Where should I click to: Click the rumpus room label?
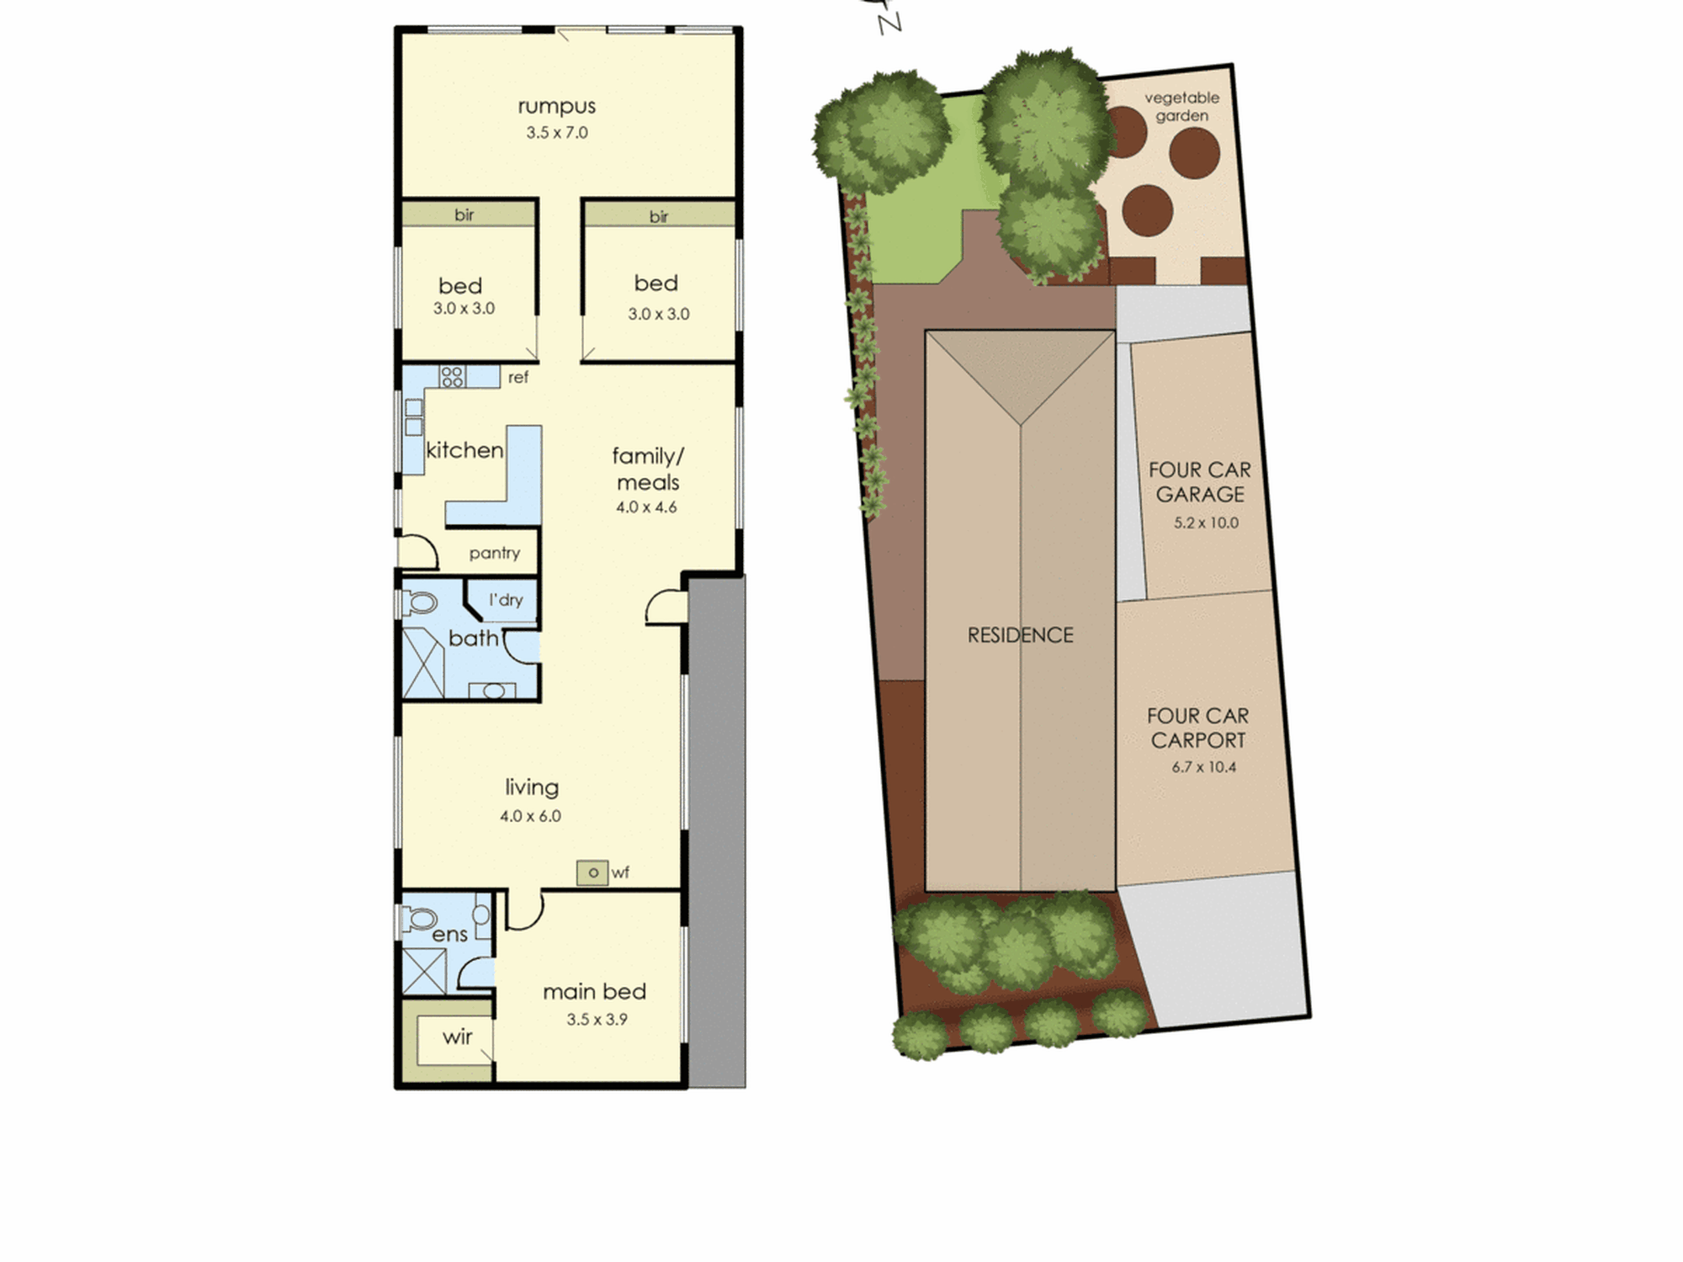click(556, 107)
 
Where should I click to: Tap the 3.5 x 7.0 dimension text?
click(557, 132)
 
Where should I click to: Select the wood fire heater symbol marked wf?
click(592, 872)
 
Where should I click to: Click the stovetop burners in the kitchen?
click(452, 376)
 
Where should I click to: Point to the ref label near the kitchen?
click(518, 378)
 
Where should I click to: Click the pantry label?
click(495, 553)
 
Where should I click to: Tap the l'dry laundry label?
click(506, 600)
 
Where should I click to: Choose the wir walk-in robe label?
click(457, 1037)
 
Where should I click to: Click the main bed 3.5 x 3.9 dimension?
click(597, 1019)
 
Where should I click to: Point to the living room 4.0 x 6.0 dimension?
click(530, 815)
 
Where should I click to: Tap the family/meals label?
click(648, 469)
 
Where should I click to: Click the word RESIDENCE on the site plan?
click(1020, 635)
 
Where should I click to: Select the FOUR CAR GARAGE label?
click(1200, 482)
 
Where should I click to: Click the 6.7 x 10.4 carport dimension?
click(1204, 766)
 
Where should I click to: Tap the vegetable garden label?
click(1181, 107)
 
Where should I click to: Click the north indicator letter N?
click(889, 22)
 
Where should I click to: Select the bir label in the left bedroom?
click(465, 215)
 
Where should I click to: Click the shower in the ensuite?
click(424, 971)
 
